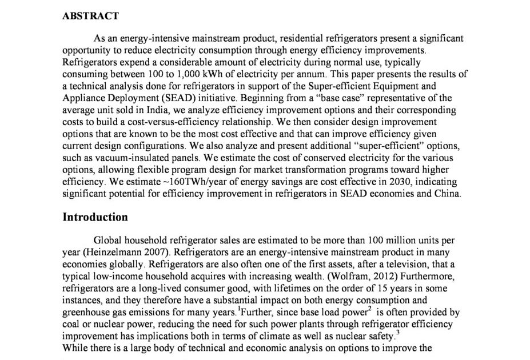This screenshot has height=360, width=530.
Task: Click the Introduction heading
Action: point(95,217)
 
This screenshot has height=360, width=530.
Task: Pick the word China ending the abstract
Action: point(447,194)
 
